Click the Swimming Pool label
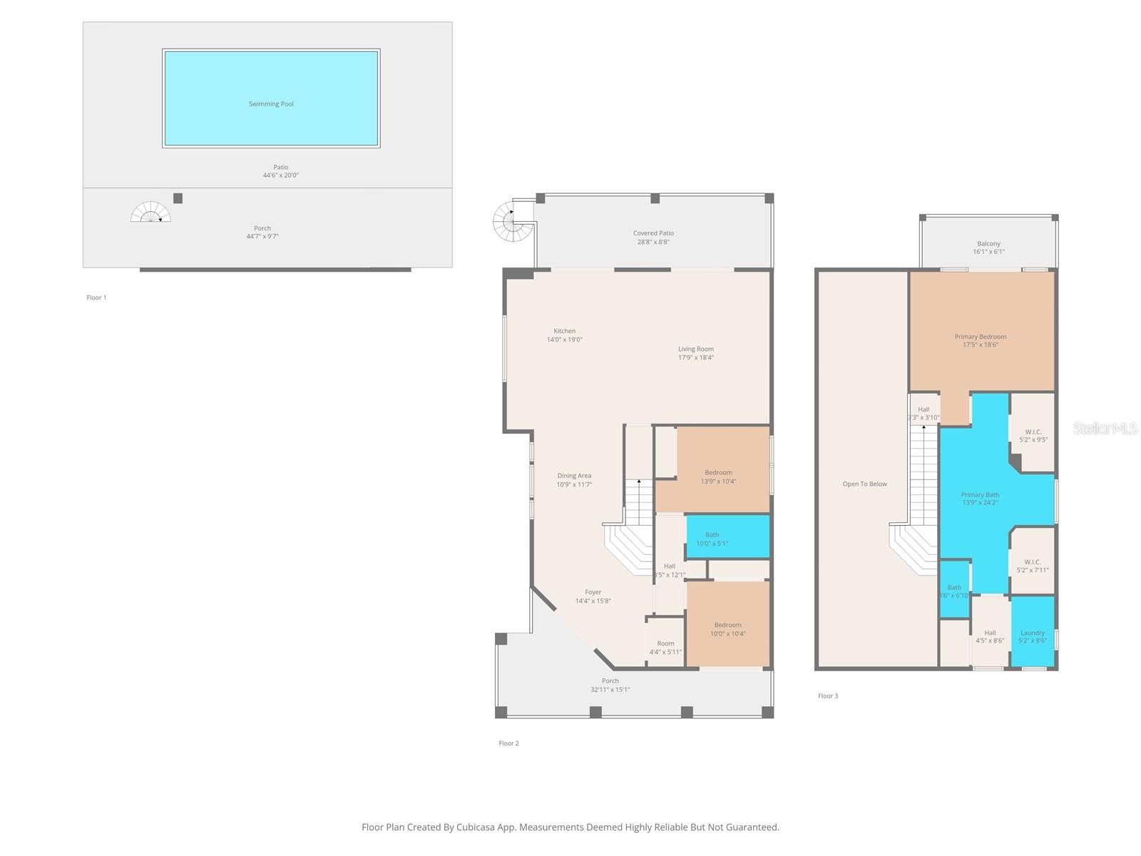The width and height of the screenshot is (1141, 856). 271,104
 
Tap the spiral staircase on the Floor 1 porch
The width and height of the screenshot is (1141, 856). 150,213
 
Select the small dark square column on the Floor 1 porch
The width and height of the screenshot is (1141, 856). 178,198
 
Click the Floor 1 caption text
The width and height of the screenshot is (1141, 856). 96,297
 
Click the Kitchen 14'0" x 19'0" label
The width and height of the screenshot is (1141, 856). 564,335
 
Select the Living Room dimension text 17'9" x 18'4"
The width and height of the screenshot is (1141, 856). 695,358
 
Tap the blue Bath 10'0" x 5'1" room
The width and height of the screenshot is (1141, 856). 727,537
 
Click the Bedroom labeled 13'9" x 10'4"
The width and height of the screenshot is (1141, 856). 718,477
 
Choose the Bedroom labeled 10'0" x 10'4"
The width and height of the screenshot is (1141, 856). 727,628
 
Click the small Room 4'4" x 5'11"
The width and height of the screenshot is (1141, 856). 665,647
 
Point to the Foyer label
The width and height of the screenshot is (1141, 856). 593,592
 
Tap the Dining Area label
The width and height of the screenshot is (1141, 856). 574,476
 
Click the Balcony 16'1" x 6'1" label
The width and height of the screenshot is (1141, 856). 988,248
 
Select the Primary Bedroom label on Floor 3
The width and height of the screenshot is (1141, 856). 981,337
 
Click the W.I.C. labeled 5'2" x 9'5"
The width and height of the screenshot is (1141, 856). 1033,436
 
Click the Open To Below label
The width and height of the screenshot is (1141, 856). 864,484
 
